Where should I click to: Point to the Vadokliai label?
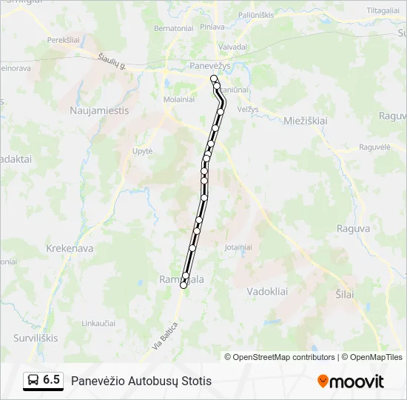pos(267,291)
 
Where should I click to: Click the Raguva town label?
pos(353,229)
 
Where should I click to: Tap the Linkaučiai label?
pos(98,324)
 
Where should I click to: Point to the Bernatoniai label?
pos(172,28)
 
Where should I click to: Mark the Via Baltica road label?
pos(166,336)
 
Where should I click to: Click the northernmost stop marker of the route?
pos(214,79)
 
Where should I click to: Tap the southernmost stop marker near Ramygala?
pos(184,285)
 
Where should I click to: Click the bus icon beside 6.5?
pos(34,380)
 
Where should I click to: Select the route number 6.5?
pos(52,380)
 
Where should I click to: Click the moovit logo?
pos(351,381)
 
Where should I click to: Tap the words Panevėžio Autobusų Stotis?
pos(141,381)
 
